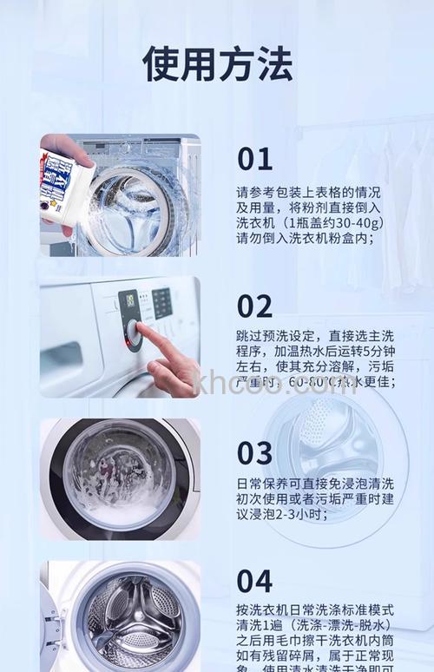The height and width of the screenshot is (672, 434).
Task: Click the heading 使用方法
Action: pos(217,63)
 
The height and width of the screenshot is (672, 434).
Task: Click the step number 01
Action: pos(255,159)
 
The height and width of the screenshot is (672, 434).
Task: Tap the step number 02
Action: pos(255,306)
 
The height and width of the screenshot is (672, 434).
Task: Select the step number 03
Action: pos(255,452)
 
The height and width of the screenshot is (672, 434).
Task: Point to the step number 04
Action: pos(255,581)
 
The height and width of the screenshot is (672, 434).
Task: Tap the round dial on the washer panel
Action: pos(133,331)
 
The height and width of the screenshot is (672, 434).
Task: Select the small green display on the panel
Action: pos(129,300)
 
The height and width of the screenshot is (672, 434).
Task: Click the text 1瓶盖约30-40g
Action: pos(334,222)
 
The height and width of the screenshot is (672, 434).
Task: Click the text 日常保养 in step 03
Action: pos(265,484)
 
